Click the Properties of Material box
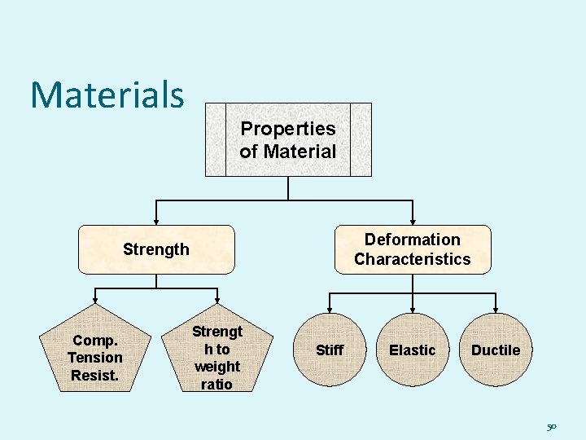(288, 139)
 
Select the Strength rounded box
(156, 249)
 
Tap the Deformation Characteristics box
(413, 249)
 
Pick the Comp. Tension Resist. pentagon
(95, 357)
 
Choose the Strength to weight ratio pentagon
(216, 358)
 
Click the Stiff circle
(330, 350)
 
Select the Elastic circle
(413, 350)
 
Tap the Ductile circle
(496, 350)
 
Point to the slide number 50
(552, 426)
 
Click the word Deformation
(413, 240)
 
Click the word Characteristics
(413, 259)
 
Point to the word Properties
(288, 129)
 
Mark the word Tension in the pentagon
(95, 358)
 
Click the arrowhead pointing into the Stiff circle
(330, 310)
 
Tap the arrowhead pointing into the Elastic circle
(413, 310)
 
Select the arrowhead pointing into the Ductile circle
(496, 310)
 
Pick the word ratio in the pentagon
(216, 384)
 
